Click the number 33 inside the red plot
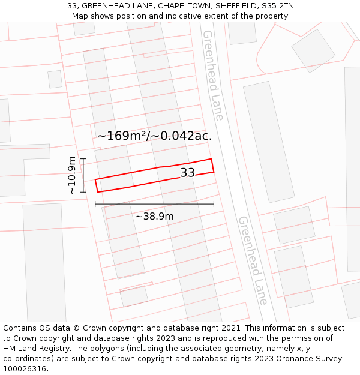pyautogui.click(x=187, y=173)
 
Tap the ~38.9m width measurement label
pyautogui.click(x=154, y=217)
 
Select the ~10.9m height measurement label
pyautogui.click(x=72, y=175)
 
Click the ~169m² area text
pyautogui.click(x=122, y=136)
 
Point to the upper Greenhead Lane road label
pyautogui.click(x=212, y=75)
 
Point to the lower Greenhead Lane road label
pyautogui.click(x=253, y=260)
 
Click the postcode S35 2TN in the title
pyautogui.click(x=274, y=6)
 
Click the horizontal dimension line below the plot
pyautogui.click(x=154, y=205)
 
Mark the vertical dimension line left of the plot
pyautogui.click(x=83, y=175)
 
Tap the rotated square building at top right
pyautogui.click(x=313, y=50)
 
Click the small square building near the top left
pyautogui.click(x=55, y=79)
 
